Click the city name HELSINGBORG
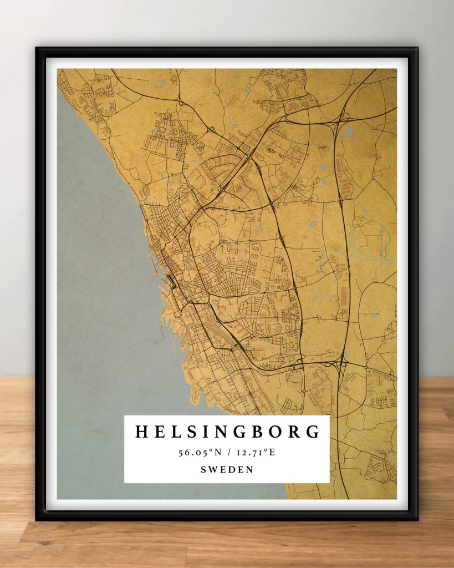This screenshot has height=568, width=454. [x=227, y=432]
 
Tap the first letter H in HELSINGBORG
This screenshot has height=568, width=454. [x=141, y=432]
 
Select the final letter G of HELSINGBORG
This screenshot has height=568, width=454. [x=313, y=432]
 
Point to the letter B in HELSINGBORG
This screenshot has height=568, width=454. [x=262, y=432]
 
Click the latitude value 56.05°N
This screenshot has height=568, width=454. [x=199, y=453]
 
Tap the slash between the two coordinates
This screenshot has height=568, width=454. [x=228, y=453]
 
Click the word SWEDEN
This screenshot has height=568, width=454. [x=227, y=470]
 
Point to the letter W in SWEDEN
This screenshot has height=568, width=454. [x=212, y=470]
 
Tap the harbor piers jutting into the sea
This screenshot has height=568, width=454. [x=161, y=277]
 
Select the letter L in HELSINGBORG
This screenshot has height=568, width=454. [x=175, y=432]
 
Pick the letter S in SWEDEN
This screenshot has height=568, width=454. [x=203, y=470]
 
